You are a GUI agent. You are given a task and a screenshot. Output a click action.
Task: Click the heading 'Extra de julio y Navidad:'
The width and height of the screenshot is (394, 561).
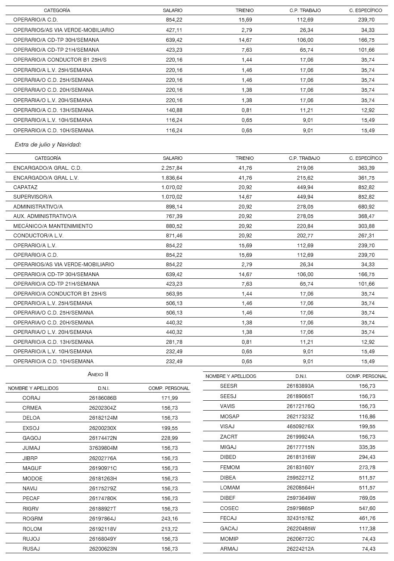point(48,145)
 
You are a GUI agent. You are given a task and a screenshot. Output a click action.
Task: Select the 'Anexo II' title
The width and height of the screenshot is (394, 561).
point(98,374)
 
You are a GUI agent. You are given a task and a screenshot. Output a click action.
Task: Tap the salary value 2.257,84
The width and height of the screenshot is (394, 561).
point(172,168)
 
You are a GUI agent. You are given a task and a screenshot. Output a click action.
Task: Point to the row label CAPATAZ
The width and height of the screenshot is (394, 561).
point(25,187)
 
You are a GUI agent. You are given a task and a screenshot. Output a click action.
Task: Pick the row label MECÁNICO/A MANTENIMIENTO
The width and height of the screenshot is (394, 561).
point(53,226)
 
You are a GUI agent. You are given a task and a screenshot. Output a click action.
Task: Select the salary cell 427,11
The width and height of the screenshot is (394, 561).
point(174,30)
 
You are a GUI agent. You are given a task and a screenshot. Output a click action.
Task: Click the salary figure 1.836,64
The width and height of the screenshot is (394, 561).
point(172,178)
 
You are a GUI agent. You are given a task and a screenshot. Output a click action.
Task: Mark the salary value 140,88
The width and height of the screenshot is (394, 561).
point(174,110)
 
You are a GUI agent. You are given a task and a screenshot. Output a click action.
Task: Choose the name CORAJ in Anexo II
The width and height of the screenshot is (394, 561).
point(31,398)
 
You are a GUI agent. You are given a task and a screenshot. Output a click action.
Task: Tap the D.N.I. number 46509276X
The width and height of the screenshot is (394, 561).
point(300,427)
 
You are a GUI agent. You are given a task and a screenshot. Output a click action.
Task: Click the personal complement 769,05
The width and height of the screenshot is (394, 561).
point(367,498)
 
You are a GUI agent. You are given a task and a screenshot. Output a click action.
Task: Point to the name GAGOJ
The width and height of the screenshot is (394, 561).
point(31,438)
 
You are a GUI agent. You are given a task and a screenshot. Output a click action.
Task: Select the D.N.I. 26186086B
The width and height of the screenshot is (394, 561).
point(103,398)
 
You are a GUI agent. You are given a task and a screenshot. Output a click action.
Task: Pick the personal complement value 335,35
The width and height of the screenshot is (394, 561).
point(367,447)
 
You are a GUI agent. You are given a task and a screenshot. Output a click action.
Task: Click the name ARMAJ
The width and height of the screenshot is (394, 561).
point(229,549)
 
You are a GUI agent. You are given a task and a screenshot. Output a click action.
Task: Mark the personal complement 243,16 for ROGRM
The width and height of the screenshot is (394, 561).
point(169,518)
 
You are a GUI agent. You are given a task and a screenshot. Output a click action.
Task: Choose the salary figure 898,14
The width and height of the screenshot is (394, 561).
point(174,207)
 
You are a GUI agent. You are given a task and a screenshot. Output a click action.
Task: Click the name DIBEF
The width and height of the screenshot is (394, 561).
point(228,498)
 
